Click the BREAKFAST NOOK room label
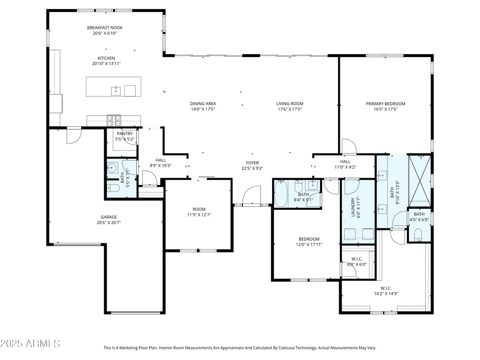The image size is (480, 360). click(x=105, y=27)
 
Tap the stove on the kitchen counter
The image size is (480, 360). click(x=114, y=120)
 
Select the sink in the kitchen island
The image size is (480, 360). click(x=116, y=91)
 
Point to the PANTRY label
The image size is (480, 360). click(x=125, y=133)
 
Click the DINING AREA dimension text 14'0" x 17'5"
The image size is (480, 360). click(x=203, y=109)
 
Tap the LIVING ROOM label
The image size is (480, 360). click(x=289, y=104)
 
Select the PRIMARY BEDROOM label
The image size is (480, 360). click(x=385, y=104)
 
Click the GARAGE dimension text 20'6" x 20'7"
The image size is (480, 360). click(x=108, y=223)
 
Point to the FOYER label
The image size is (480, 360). click(x=252, y=163)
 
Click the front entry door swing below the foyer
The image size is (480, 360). click(x=252, y=195)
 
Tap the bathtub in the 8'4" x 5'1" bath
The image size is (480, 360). click(x=281, y=193)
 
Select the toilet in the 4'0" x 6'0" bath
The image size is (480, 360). click(x=418, y=235)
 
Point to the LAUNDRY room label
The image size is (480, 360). click(x=353, y=207)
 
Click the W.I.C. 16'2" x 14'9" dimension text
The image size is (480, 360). click(x=386, y=294)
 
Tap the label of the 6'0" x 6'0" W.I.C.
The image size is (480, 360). click(x=357, y=259)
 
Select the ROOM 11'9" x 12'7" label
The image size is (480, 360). click(x=199, y=209)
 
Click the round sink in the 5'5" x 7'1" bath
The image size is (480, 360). click(x=111, y=168)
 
